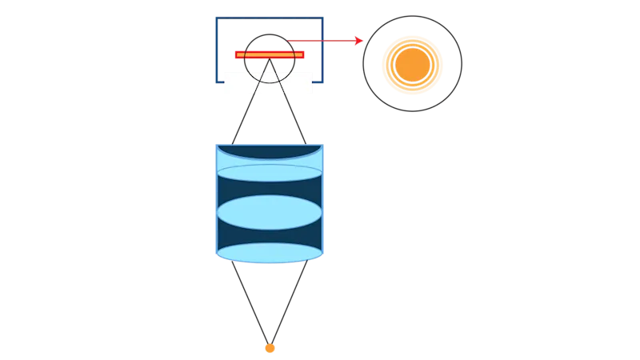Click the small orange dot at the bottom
point(270,348)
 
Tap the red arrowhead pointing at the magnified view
point(360,39)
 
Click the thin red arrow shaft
point(320,39)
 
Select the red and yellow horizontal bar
point(270,54)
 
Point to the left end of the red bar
point(236,54)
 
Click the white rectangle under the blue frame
point(268,83)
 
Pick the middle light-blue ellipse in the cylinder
point(269,213)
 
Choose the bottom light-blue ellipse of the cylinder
point(269,253)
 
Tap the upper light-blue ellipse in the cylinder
point(269,173)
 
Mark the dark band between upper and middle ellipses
point(269,189)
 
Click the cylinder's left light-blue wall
point(216,200)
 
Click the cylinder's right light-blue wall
point(322,200)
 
